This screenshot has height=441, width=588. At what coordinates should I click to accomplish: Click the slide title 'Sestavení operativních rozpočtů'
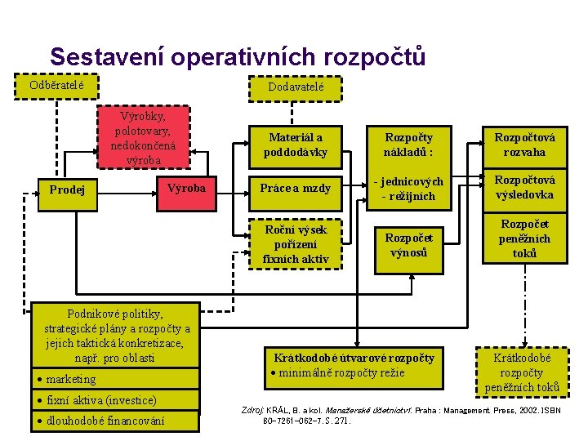[x=238, y=57]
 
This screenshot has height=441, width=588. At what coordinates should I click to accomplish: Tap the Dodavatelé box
[x=296, y=87]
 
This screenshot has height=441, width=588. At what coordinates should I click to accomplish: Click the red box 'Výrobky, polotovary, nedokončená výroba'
[x=143, y=137]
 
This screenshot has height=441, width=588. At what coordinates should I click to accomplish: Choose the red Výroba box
[x=186, y=189]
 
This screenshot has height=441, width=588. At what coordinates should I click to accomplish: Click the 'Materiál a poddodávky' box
[x=296, y=145]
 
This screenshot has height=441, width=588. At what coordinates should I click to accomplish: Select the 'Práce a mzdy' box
[x=296, y=189]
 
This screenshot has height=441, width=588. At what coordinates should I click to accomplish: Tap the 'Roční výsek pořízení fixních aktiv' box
[x=296, y=244]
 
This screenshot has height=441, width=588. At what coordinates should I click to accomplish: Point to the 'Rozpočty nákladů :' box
[x=408, y=145]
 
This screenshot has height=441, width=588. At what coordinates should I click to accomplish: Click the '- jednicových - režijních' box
[x=408, y=189]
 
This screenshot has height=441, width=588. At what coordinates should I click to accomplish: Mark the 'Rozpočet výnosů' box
[x=408, y=244]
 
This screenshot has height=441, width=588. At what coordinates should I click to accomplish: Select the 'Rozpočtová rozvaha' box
[x=525, y=145]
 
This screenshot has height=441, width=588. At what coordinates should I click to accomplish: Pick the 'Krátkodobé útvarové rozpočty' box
[x=354, y=365]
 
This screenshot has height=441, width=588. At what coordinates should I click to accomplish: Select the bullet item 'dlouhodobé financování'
[x=105, y=421]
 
